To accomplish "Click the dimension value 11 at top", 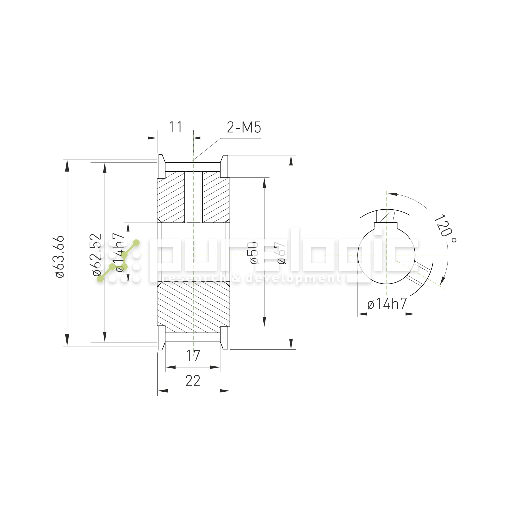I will pos(176,127).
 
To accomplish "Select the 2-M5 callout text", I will pos(244,127).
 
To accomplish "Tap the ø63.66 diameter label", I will pos(60,257).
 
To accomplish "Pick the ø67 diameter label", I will pos(281,253).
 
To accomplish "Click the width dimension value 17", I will pos(193,356).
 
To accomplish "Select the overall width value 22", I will pos(193,381).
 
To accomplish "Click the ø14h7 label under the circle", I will pos(387,304).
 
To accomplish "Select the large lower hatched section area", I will pos(194,306).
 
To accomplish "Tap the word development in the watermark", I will pos(293,279).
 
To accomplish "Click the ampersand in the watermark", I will pos(236,279).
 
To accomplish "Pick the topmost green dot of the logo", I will pos(136,243).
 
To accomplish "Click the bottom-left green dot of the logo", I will pos(100,279).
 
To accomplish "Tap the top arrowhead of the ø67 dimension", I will pos(291,160).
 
